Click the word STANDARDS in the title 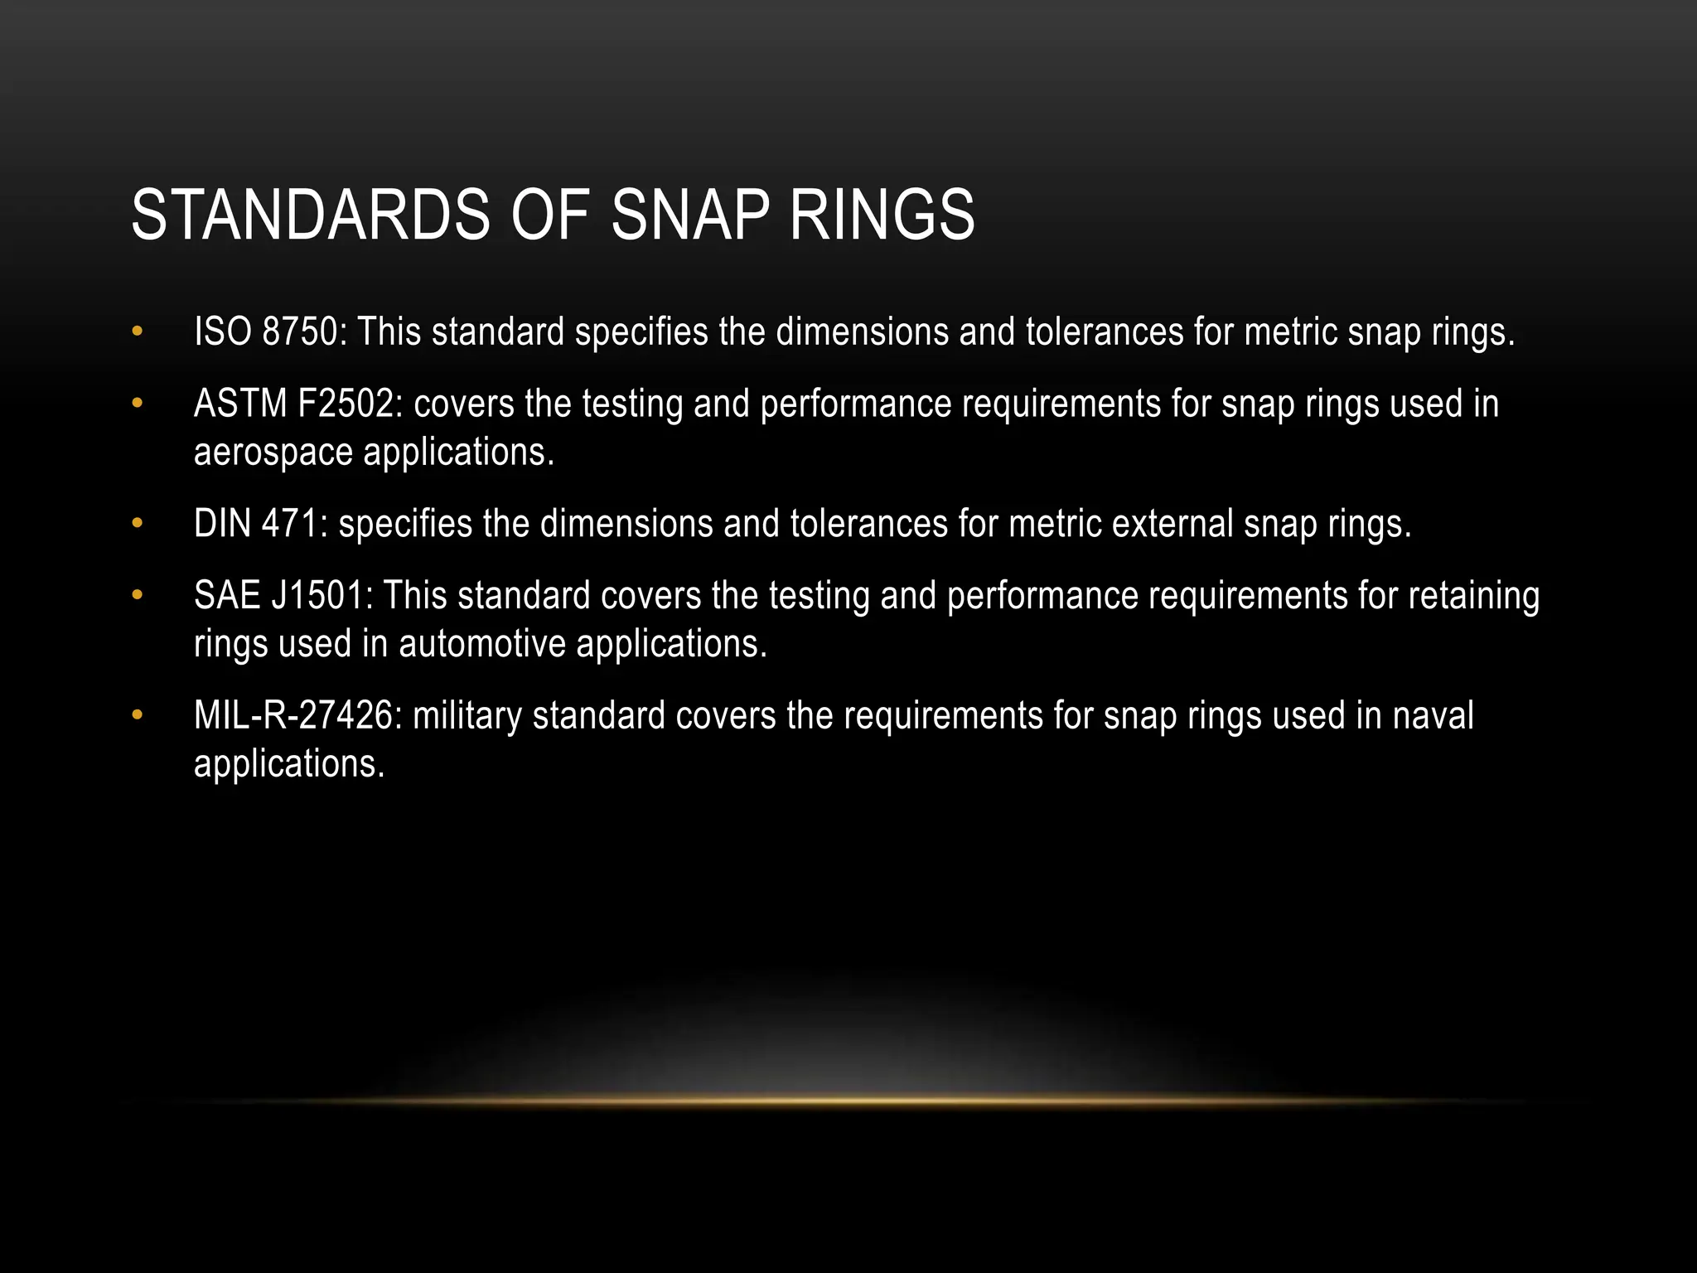pos(311,215)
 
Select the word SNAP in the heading pos(690,215)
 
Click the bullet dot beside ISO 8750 pos(138,332)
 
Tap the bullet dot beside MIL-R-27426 pos(138,715)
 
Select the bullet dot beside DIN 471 pos(138,524)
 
